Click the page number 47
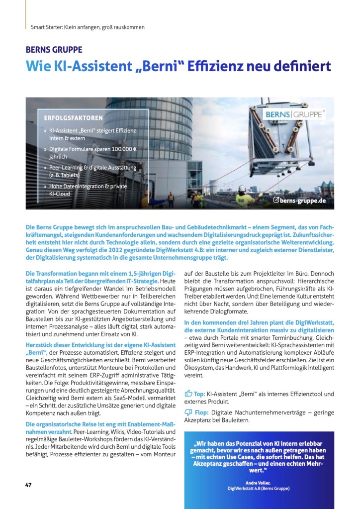click(x=28, y=485)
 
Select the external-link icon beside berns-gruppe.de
click(x=276, y=200)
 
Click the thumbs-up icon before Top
click(x=188, y=394)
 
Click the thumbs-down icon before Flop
click(x=188, y=412)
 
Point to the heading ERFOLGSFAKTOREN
click(x=74, y=118)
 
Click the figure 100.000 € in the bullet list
click(x=119, y=149)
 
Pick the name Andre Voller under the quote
click(x=258, y=482)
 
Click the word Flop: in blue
click(x=201, y=412)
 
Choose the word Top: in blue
click(x=199, y=394)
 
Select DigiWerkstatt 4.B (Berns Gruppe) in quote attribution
click(x=258, y=488)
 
